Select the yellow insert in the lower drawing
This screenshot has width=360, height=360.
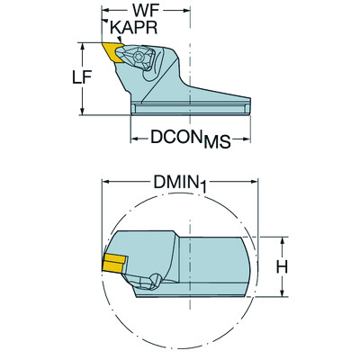pos(113,264)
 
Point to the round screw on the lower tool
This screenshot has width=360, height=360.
pos(153,283)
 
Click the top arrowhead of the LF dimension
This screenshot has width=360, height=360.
pos(84,43)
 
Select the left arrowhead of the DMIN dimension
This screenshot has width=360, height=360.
pos(104,183)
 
